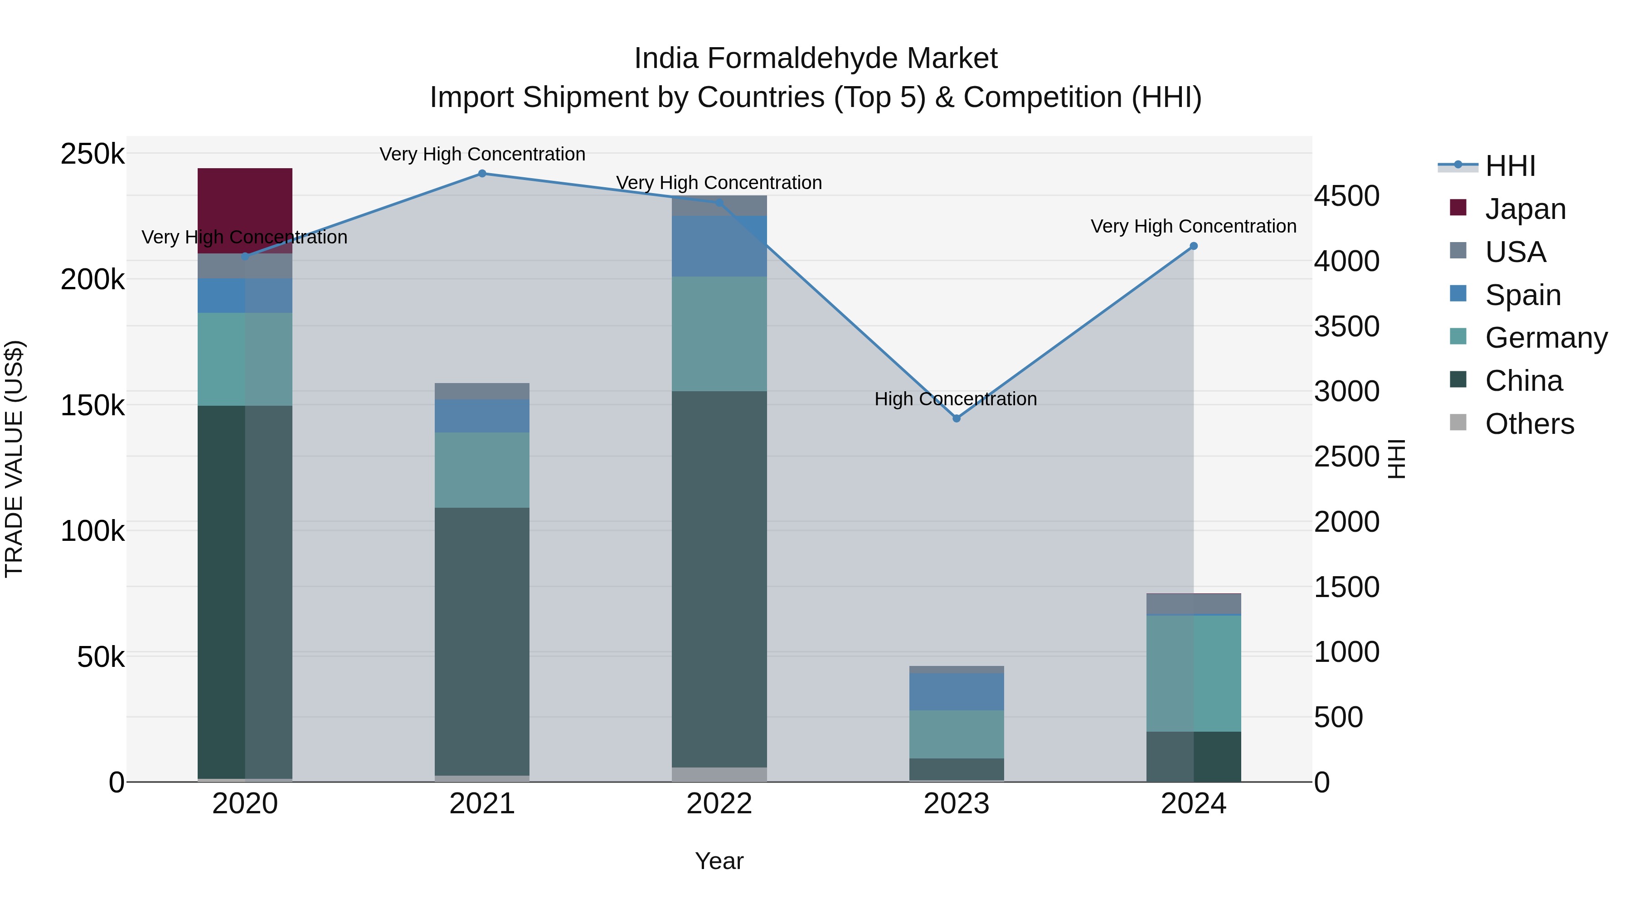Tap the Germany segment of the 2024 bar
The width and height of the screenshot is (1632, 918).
point(1194,673)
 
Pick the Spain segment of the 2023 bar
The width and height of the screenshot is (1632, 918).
point(956,691)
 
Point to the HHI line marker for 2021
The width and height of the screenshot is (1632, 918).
point(482,174)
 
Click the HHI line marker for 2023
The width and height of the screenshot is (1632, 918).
point(957,418)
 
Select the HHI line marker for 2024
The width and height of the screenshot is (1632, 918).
point(1194,246)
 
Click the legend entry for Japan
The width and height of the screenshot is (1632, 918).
point(1525,209)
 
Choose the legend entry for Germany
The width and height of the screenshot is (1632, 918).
point(1546,338)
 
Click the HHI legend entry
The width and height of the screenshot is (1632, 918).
point(1510,166)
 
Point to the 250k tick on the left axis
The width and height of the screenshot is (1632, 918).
point(92,154)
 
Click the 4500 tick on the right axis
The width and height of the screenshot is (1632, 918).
point(1346,196)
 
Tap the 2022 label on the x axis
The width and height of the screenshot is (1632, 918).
point(719,804)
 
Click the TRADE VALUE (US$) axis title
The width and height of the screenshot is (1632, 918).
point(14,459)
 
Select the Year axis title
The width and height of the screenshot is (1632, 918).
point(719,861)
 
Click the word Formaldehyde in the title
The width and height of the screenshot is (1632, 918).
point(803,58)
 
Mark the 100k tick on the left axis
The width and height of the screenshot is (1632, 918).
point(92,531)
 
